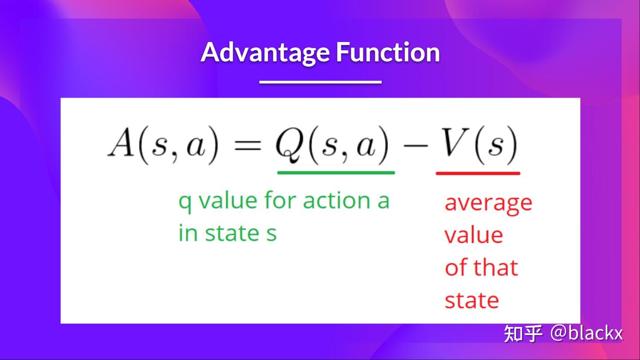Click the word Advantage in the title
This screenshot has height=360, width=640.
pyautogui.click(x=266, y=52)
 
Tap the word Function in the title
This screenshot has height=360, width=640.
pyautogui.click(x=388, y=52)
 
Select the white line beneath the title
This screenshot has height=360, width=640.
pyautogui.click(x=320, y=82)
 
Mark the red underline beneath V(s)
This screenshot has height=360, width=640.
pyautogui.click(x=478, y=173)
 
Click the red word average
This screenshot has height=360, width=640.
pyautogui.click(x=488, y=204)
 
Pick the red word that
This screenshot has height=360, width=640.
pyautogui.click(x=496, y=268)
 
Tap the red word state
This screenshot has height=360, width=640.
pyautogui.click(x=472, y=300)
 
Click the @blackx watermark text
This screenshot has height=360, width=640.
pyautogui.click(x=586, y=333)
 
